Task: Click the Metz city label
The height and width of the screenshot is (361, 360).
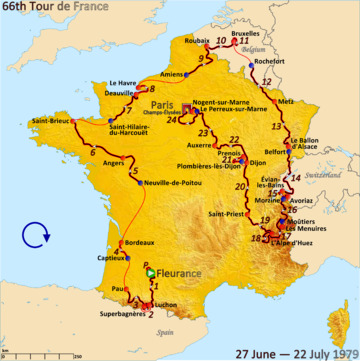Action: click(286, 102)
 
